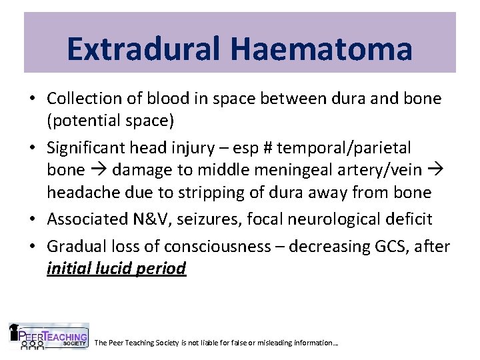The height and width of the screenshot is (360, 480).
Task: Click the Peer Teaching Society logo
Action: click(48, 337)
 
